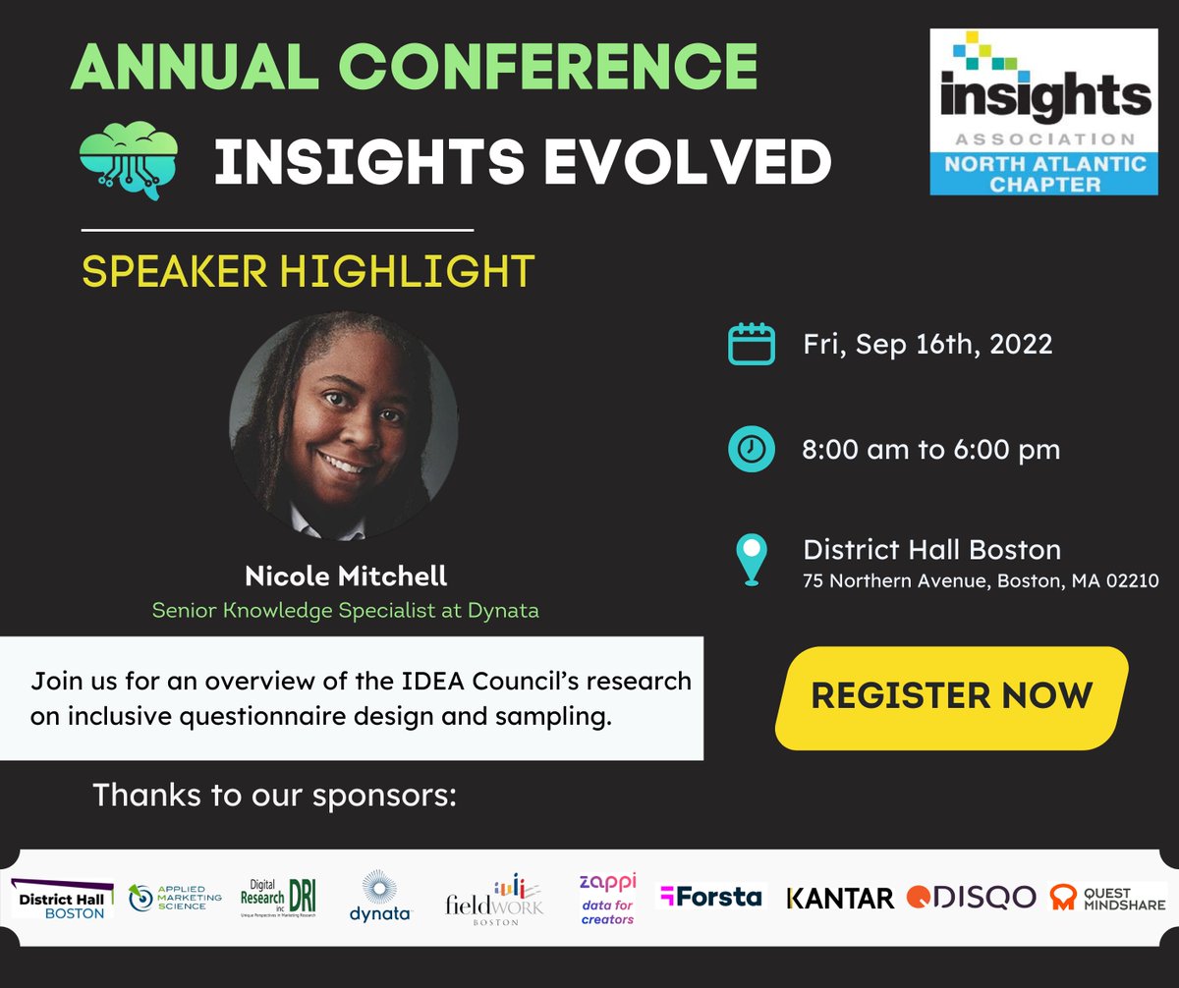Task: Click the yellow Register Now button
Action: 951,695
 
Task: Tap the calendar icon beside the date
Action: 751,345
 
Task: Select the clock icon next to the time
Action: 751,450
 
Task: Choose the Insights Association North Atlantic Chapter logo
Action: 1043,111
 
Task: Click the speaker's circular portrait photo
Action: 343,424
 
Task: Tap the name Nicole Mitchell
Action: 345,576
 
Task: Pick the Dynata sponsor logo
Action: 380,896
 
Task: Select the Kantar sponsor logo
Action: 840,897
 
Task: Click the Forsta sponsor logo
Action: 710,896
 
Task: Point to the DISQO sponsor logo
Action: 971,897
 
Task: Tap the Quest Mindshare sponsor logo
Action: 1107,897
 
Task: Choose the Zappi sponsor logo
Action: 607,898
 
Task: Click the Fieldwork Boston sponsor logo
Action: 494,896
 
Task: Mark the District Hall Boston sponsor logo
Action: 62,898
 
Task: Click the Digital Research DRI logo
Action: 279,896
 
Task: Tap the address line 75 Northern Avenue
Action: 981,580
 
